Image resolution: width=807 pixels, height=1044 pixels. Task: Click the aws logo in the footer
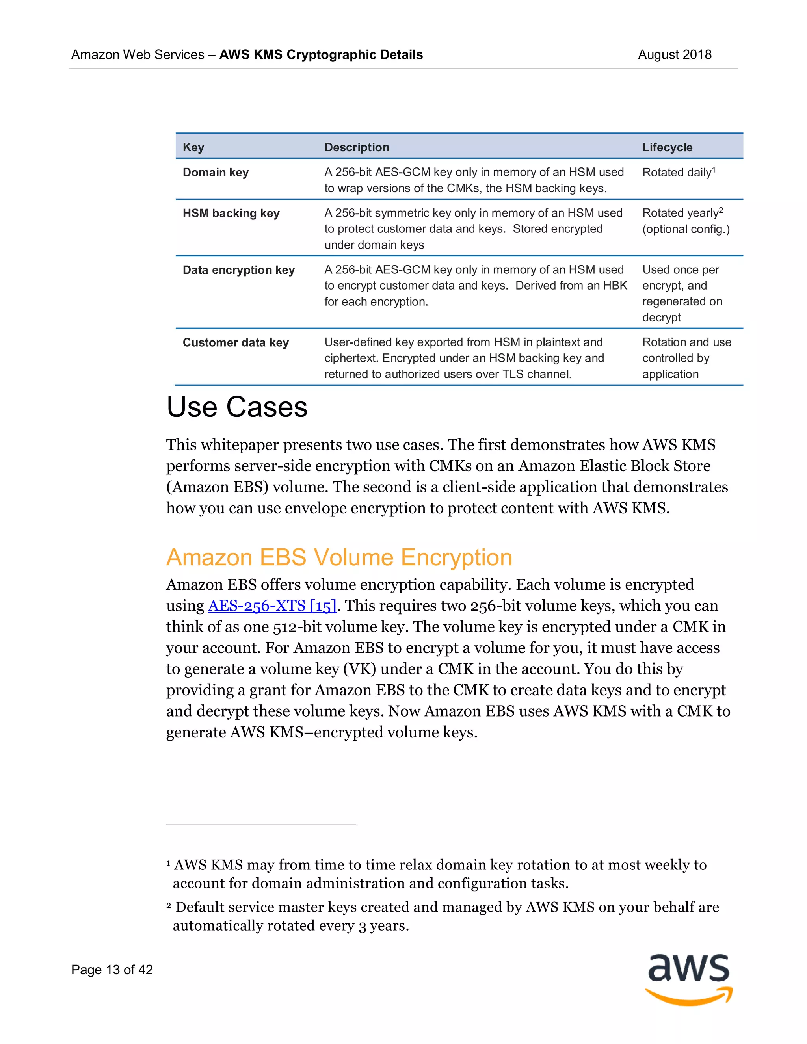(688, 979)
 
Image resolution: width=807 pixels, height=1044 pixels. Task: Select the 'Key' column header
(193, 147)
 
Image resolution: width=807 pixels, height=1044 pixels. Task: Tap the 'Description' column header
(357, 147)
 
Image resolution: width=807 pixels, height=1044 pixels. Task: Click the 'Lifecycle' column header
(667, 147)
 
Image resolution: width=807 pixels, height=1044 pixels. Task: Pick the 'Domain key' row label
(216, 172)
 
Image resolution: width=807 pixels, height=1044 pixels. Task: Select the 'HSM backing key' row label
(231, 213)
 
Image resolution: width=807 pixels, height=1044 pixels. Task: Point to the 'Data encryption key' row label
(238, 270)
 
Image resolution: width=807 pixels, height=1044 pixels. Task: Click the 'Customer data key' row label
(236, 343)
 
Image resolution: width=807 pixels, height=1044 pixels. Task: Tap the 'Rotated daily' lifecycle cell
(677, 172)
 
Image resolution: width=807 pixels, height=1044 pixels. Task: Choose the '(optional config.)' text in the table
(686, 229)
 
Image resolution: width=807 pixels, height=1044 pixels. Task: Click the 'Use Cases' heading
(237, 407)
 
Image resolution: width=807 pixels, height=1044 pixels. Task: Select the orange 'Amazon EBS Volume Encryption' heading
(339, 557)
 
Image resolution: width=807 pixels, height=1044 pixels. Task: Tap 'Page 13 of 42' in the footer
(112, 970)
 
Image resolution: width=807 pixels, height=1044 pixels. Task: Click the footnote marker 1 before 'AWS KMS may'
(168, 863)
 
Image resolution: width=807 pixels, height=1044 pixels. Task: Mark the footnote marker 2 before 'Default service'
(169, 905)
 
